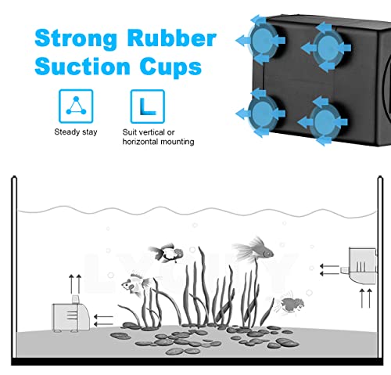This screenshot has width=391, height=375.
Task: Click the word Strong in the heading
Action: [x=75, y=39]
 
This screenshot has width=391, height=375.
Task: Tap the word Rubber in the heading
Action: [x=172, y=38]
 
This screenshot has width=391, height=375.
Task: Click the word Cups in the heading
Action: [x=170, y=67]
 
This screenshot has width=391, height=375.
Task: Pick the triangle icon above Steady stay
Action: [x=76, y=106]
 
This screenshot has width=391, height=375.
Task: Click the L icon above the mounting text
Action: [x=148, y=106]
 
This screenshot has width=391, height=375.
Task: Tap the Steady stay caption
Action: [x=76, y=132]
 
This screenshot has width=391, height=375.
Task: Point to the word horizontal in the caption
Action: [x=140, y=142]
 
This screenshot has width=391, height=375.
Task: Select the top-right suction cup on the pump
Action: [x=327, y=48]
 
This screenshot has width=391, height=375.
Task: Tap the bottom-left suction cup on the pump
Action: [x=262, y=114]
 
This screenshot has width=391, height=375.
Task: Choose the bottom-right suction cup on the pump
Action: [x=324, y=121]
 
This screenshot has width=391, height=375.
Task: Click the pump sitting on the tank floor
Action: [x=71, y=315]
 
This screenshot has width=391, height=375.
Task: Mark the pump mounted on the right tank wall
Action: [x=363, y=265]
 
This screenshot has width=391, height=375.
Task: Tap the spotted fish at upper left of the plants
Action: [x=166, y=253]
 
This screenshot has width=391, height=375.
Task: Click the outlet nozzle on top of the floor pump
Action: [x=75, y=299]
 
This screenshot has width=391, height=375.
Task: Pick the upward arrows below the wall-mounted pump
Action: [x=366, y=298]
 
